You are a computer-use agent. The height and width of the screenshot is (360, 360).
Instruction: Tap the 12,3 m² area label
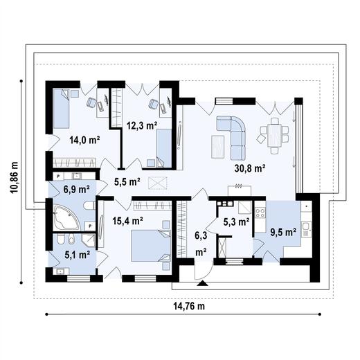[141, 125]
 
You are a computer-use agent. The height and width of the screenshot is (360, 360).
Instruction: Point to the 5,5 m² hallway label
[127, 182]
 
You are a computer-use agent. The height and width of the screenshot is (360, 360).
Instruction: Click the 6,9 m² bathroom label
[77, 188]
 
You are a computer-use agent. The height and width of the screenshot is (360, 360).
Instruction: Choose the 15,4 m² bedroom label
[127, 222]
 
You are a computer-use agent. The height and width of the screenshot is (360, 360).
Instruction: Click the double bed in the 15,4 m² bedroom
[150, 244]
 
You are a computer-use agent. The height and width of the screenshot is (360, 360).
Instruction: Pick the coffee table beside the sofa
[217, 146]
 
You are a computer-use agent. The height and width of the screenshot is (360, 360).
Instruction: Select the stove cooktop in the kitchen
[260, 212]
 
